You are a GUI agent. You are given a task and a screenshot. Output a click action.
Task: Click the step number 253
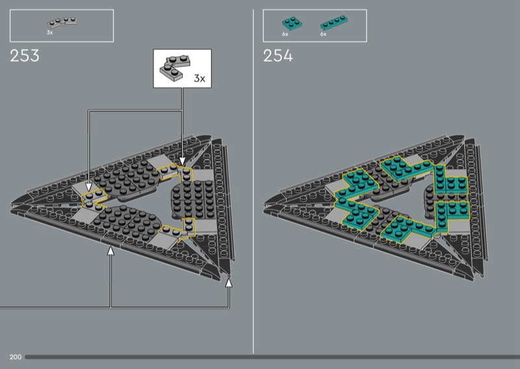(25, 56)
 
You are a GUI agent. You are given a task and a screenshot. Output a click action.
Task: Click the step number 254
(278, 56)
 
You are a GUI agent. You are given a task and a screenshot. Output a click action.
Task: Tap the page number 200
(15, 357)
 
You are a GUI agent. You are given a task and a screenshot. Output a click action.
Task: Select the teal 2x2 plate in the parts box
(292, 23)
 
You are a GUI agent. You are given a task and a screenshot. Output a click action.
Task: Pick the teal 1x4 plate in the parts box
(334, 23)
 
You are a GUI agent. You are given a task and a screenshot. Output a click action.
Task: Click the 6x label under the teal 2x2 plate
(285, 34)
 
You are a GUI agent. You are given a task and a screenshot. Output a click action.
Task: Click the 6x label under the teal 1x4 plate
(323, 34)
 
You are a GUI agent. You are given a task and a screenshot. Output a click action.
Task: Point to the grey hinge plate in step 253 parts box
(62, 23)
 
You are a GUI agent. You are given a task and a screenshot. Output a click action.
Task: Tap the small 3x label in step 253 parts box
(50, 32)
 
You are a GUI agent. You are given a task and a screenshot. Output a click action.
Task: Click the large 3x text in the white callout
(200, 79)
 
